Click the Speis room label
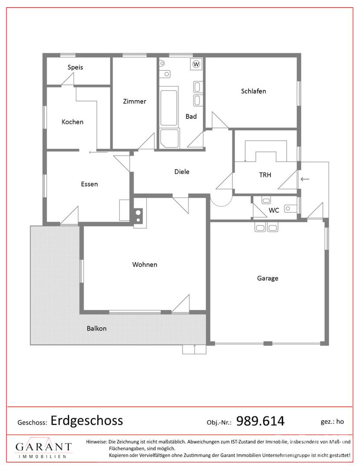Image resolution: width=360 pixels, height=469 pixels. coord(75,67)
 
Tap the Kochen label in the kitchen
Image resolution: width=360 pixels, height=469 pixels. coord(73,122)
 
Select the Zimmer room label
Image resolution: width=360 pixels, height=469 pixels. coord(135,101)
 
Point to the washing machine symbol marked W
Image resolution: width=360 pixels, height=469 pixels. coord(196,64)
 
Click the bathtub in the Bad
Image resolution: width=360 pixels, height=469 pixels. coord(168,107)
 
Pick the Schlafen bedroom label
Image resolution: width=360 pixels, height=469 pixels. coord(254,91)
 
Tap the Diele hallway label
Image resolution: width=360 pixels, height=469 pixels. coord(182,172)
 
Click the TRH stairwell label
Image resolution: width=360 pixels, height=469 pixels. coord(265,175)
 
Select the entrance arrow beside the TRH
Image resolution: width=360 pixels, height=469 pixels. coord(305,179)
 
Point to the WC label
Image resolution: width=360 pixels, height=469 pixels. coord(274,210)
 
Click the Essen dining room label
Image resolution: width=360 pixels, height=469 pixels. coord(89,184)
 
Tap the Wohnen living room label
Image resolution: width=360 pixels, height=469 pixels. coord(145,264)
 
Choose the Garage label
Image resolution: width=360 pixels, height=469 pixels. coord(268,278)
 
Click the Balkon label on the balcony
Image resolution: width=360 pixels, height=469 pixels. coord(96,328)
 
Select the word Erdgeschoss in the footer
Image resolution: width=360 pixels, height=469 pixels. coord(87,421)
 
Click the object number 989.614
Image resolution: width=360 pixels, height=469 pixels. coord(261,421)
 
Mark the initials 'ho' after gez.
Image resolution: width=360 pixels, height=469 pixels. coord(340,421)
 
